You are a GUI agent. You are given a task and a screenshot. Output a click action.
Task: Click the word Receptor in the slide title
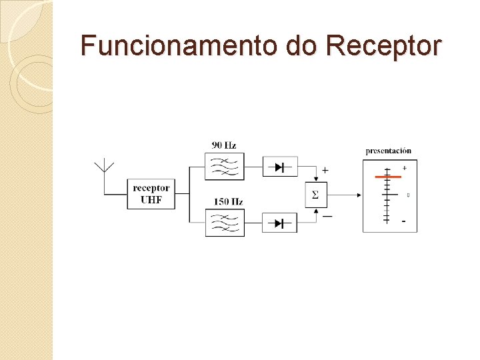click(383, 45)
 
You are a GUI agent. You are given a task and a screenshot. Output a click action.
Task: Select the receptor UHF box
click(151, 194)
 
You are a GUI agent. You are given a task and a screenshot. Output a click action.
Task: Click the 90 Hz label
click(224, 145)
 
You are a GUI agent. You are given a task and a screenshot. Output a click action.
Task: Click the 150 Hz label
click(228, 201)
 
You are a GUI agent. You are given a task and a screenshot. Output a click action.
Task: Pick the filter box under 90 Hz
click(225, 167)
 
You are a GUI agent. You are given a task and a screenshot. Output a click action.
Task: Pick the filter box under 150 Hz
click(225, 223)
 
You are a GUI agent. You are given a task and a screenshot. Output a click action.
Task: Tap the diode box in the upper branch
click(280, 167)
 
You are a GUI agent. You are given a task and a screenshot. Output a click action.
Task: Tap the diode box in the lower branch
click(280, 223)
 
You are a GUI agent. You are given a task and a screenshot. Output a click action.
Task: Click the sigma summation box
click(315, 195)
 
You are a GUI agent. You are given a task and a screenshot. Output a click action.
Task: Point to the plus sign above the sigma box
click(325, 170)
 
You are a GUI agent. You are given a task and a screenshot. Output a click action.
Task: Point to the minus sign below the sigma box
click(327, 216)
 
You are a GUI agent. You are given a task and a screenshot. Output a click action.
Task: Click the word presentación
click(389, 151)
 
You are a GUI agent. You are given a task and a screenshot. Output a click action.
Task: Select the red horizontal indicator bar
click(387, 177)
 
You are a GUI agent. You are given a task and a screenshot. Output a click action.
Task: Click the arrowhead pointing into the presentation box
click(359, 195)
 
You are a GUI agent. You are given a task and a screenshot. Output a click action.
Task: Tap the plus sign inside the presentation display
click(405, 167)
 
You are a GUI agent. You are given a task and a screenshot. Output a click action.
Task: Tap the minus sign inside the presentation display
click(403, 221)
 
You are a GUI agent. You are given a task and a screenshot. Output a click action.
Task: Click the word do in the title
click(301, 45)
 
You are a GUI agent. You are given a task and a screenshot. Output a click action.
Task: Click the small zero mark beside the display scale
click(407, 195)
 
